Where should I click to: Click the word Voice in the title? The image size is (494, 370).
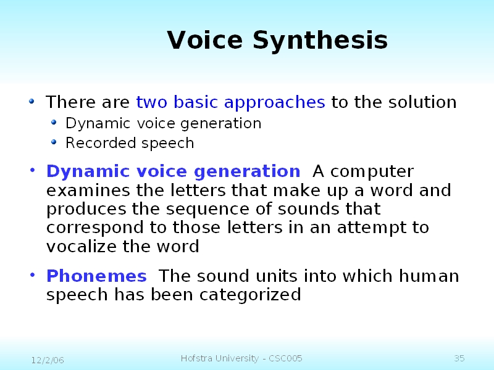pos(205,41)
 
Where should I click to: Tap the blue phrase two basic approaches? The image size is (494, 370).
pos(230,102)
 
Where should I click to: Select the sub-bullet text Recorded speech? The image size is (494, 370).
pos(130,143)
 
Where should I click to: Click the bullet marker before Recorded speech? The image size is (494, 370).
pos(54,142)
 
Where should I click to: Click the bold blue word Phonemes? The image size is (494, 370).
pos(96,276)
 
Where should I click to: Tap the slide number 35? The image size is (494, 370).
pos(459,359)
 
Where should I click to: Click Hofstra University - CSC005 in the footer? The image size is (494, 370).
pos(241,359)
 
